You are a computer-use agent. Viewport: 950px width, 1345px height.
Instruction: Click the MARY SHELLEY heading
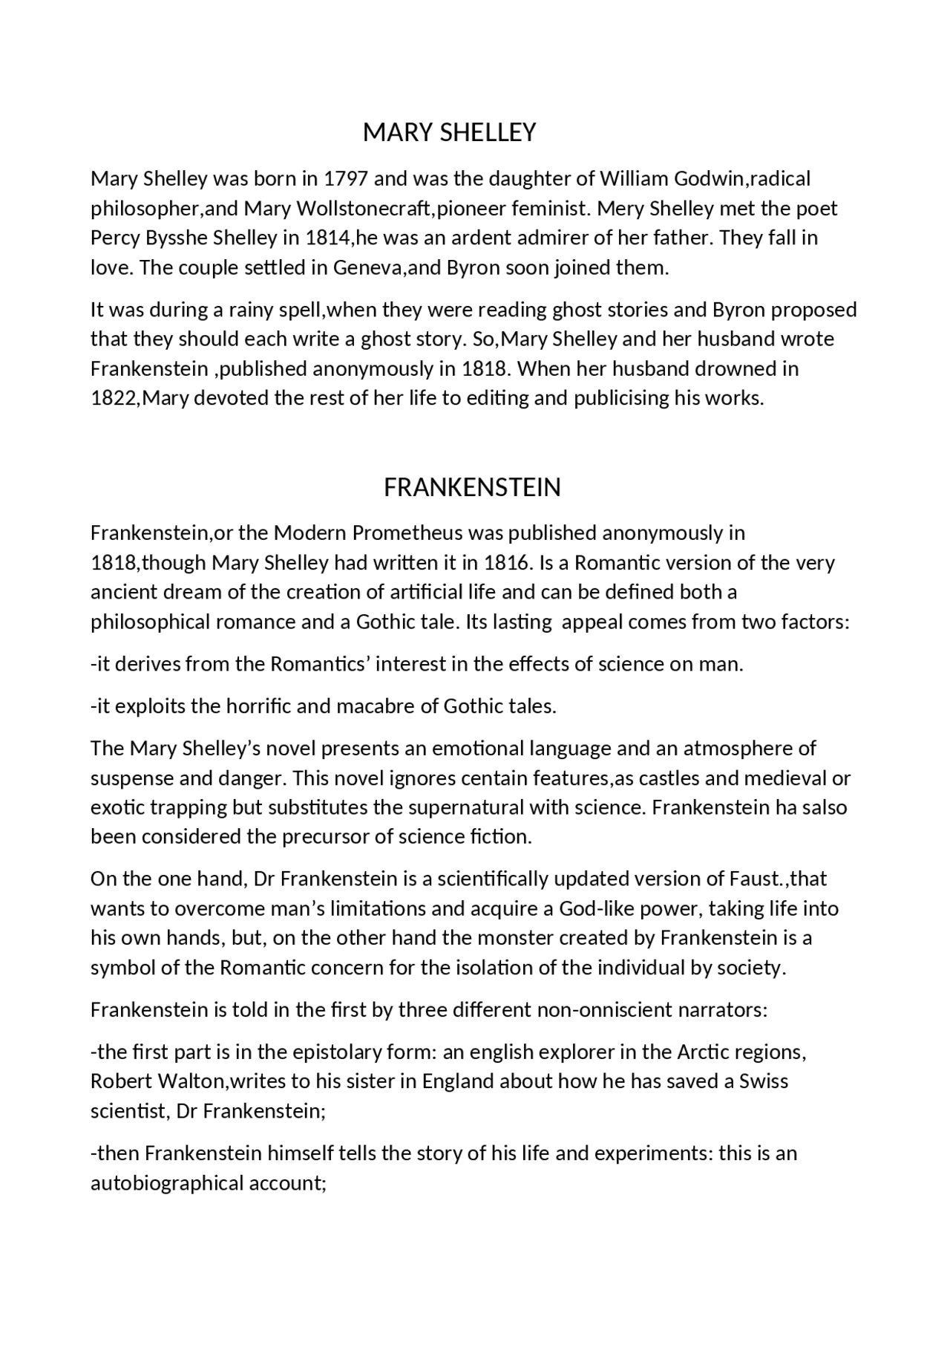[449, 132]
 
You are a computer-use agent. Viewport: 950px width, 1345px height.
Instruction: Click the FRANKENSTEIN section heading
[472, 487]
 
